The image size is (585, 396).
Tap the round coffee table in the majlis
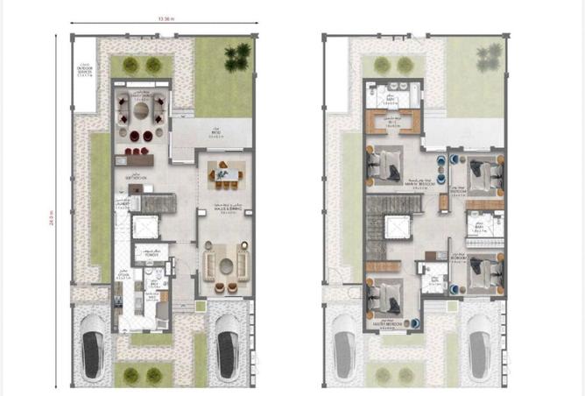226,267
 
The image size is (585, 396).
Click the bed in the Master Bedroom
386,293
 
